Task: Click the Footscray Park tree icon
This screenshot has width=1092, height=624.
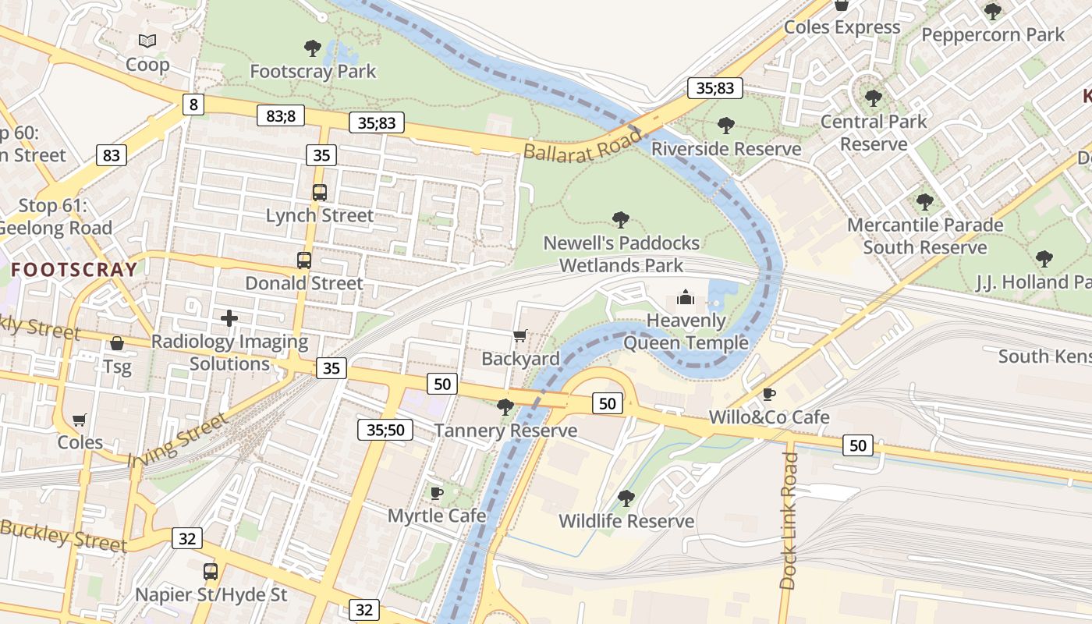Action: click(313, 48)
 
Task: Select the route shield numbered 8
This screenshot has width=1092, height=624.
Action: click(193, 105)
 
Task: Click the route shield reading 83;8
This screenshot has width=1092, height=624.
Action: click(281, 116)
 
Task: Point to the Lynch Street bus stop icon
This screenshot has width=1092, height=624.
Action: click(319, 192)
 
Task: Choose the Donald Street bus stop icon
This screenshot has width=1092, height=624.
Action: click(304, 261)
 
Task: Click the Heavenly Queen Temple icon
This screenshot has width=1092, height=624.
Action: click(685, 297)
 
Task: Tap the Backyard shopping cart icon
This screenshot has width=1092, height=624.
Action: click(519, 335)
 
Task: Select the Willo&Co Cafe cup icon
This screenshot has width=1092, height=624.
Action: click(768, 394)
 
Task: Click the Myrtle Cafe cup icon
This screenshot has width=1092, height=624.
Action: click(437, 493)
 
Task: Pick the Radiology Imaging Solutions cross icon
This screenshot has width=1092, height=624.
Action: click(229, 318)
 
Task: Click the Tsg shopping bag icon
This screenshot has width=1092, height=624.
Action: click(117, 343)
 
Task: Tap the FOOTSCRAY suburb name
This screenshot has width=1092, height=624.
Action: click(75, 270)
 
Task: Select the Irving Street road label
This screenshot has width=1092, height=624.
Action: click(179, 441)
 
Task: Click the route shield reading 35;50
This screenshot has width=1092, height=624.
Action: click(385, 429)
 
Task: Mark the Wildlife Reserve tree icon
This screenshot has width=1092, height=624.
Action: click(626, 498)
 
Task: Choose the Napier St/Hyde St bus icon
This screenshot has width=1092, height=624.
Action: click(211, 571)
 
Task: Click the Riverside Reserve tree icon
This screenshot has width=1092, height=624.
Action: click(725, 125)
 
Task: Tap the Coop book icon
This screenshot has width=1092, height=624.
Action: click(147, 41)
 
